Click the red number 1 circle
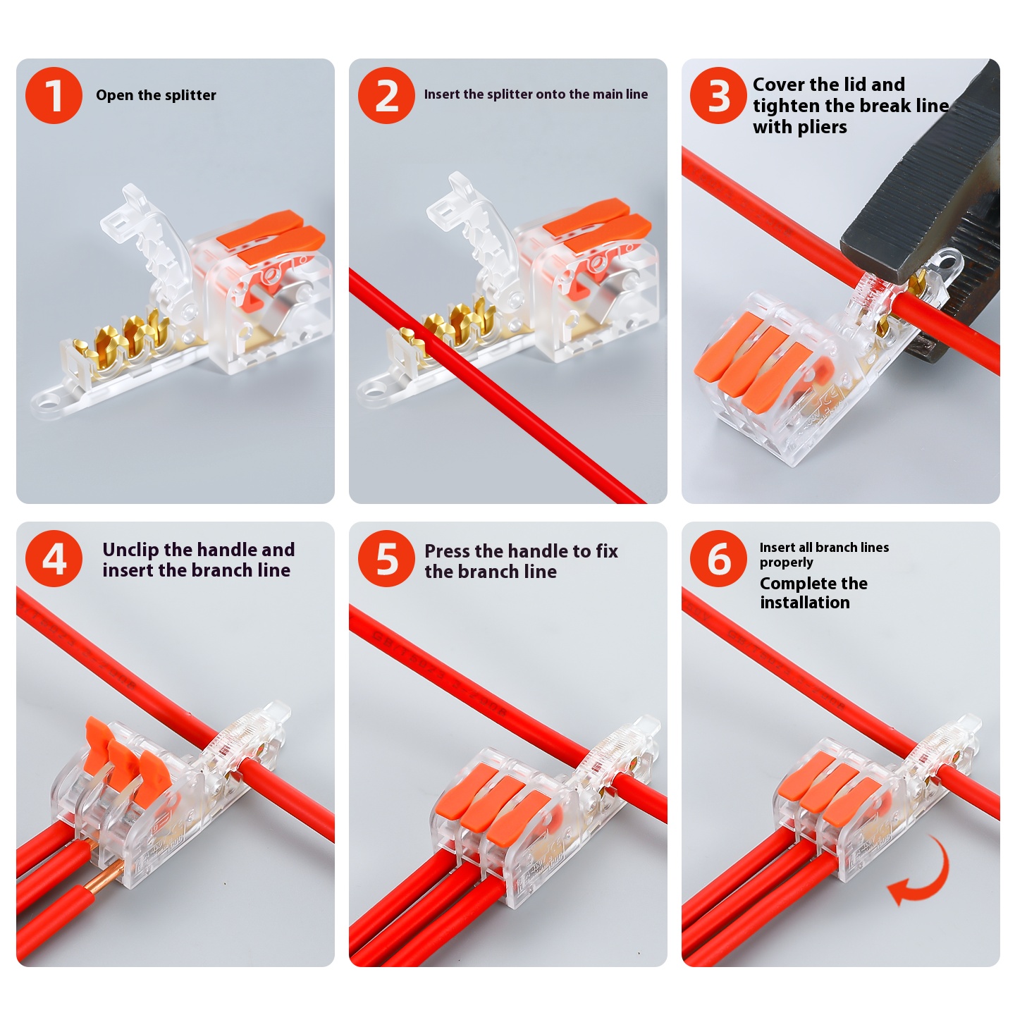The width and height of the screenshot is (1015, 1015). click(54, 95)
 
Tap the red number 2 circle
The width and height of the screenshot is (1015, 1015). click(387, 95)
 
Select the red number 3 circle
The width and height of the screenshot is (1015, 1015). click(718, 95)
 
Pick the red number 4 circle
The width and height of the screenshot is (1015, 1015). click(54, 558)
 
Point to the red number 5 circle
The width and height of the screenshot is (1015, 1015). click(387, 558)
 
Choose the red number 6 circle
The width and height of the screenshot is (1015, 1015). click(718, 558)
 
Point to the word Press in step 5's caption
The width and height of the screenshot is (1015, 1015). click(447, 551)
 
